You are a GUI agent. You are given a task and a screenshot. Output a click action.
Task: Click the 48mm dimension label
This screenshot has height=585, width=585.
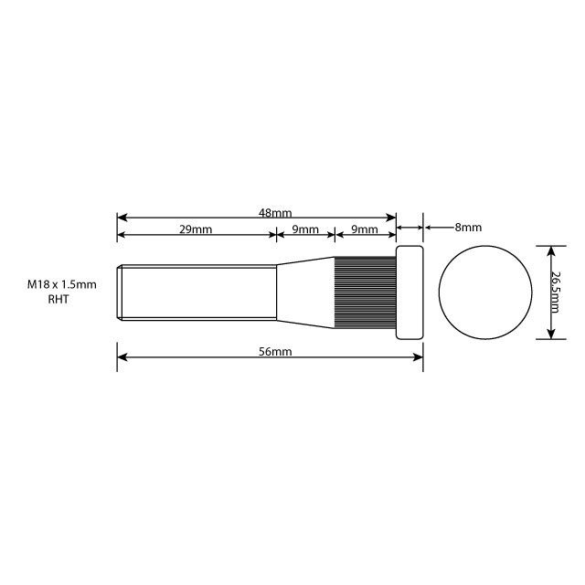coord(269,213)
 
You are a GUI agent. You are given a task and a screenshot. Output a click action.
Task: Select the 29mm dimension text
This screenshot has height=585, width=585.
coord(196,229)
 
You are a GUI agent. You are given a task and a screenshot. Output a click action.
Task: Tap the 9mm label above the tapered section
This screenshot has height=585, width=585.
coord(305,229)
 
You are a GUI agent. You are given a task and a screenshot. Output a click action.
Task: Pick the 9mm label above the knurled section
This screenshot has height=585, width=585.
coord(364,229)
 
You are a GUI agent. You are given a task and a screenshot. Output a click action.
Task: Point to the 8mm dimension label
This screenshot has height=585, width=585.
coord(467,227)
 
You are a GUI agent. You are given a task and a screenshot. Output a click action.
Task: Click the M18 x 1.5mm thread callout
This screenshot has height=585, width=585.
coord(61,285)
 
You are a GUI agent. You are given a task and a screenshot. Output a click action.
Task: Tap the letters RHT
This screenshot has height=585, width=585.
coord(58,299)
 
